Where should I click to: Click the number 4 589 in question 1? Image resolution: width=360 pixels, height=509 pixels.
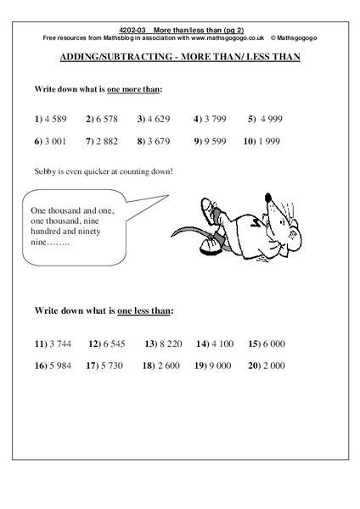[59, 120]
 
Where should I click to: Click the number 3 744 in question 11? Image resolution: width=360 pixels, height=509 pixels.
[62, 344]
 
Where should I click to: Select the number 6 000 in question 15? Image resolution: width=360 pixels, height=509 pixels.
[273, 344]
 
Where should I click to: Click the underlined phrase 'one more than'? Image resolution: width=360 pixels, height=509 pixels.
[134, 88]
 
